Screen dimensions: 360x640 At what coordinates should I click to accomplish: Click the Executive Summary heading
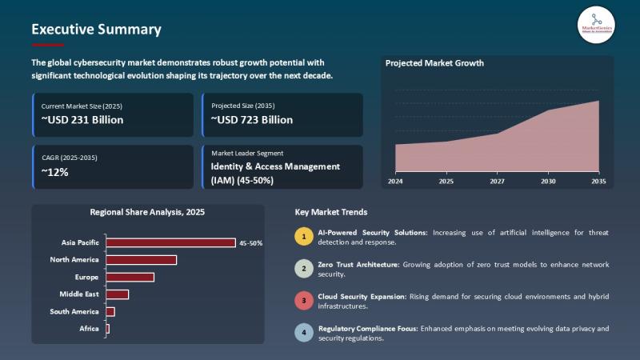tap(96, 30)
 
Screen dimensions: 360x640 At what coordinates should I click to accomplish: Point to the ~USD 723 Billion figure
tap(252, 120)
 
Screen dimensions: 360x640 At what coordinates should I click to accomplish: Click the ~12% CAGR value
tap(55, 172)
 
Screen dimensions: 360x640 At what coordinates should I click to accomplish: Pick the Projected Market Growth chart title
tap(434, 63)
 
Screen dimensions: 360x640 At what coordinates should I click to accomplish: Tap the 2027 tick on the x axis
tap(497, 182)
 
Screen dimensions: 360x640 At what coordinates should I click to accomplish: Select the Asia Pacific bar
tap(170, 242)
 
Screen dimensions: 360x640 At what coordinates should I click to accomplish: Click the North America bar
tap(141, 259)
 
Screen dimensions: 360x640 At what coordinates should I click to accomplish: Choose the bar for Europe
tap(130, 277)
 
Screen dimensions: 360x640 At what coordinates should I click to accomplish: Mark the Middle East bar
tap(117, 294)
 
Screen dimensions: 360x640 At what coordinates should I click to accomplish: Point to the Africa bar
tap(107, 329)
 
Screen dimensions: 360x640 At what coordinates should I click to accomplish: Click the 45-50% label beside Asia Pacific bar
tap(250, 242)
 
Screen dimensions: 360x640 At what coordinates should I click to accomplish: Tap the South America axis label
tap(74, 311)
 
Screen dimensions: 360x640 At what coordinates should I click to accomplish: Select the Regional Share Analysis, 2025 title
tap(147, 212)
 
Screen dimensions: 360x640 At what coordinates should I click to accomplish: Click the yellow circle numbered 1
tap(303, 236)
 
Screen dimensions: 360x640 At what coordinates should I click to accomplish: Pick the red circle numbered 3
tap(303, 301)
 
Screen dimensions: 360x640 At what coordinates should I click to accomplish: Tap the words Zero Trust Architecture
tap(359, 264)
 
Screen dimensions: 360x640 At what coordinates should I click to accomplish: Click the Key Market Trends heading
tap(331, 212)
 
